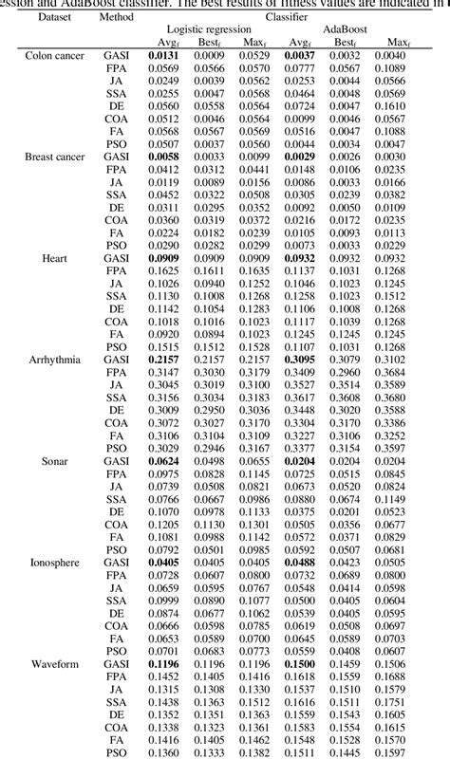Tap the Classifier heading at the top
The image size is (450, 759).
286,17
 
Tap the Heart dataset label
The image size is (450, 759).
54,257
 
